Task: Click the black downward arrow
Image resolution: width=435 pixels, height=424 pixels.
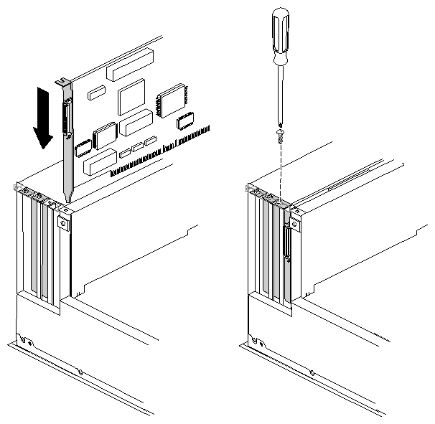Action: point(44,118)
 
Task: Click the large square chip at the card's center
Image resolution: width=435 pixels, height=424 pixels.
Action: point(132,97)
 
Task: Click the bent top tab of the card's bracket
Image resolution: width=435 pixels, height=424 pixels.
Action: point(62,83)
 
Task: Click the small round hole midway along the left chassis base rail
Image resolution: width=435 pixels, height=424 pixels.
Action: point(80,372)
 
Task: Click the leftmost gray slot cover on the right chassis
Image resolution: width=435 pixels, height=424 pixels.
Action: point(265,244)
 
